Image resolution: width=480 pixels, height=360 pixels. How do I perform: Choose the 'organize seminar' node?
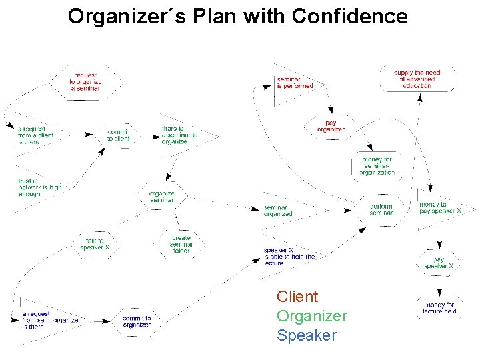coord(161,197)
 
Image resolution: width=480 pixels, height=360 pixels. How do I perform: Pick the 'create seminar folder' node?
coord(181,244)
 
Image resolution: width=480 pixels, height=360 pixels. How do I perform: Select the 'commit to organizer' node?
coord(137,321)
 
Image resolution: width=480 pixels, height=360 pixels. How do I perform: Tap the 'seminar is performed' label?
coord(295,82)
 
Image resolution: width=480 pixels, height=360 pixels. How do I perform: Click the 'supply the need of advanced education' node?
coord(417,79)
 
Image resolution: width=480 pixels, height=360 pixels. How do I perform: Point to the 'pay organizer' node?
coord(331,125)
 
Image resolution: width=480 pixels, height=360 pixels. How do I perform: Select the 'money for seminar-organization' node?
coord(377,166)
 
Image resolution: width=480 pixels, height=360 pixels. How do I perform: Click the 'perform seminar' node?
coord(381,209)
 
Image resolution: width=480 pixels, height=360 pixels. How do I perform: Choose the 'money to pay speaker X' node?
coord(440,207)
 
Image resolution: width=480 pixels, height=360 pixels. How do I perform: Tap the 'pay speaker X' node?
coord(439,262)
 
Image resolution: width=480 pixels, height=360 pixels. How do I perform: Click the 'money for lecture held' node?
coord(439,307)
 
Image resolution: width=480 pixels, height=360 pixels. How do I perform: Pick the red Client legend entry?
coord(297,297)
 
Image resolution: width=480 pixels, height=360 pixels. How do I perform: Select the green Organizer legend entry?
coord(312,316)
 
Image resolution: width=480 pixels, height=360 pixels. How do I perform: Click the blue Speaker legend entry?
coord(307,335)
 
